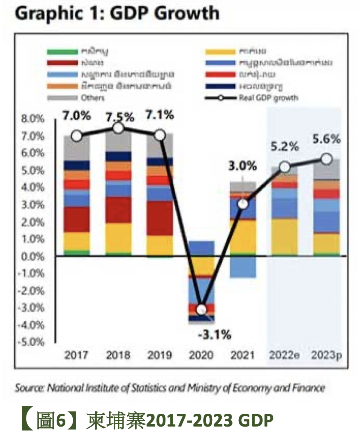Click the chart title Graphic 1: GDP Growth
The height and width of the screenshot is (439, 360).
point(117,14)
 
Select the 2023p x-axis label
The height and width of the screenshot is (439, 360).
point(326,355)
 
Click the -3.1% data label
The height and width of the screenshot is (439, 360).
point(214,334)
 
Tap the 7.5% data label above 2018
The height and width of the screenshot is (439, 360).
point(119,117)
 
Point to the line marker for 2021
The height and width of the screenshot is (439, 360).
point(243,204)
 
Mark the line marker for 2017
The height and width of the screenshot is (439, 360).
point(77,136)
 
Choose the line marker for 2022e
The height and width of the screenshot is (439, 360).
point(285,167)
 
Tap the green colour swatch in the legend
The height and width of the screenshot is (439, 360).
point(62,51)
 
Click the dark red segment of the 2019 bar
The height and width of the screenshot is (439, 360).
point(160,218)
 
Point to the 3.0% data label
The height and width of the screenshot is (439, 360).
point(243,165)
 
